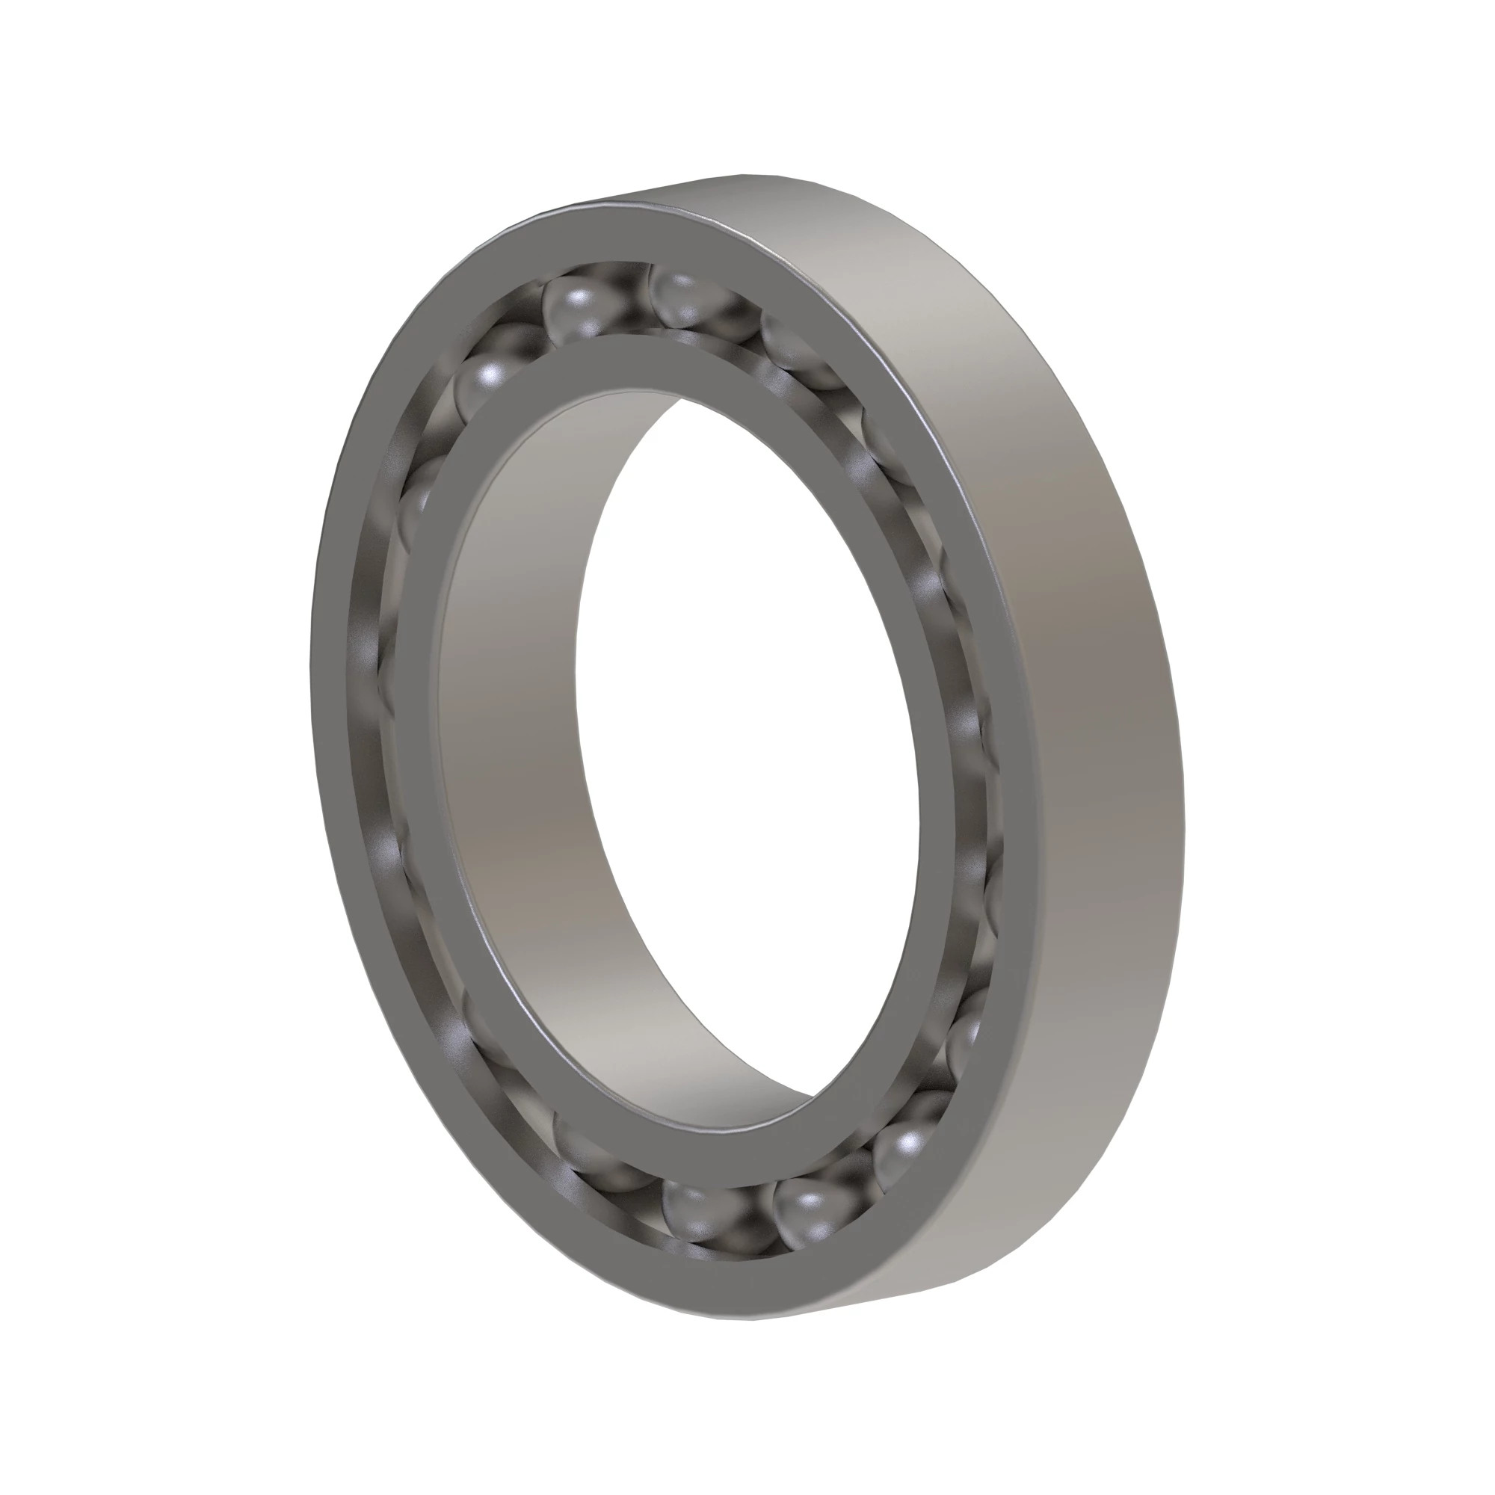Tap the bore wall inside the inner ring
[x=511, y=774]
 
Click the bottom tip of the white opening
[x=813, y=1096]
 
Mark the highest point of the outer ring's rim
[x=743, y=175]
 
